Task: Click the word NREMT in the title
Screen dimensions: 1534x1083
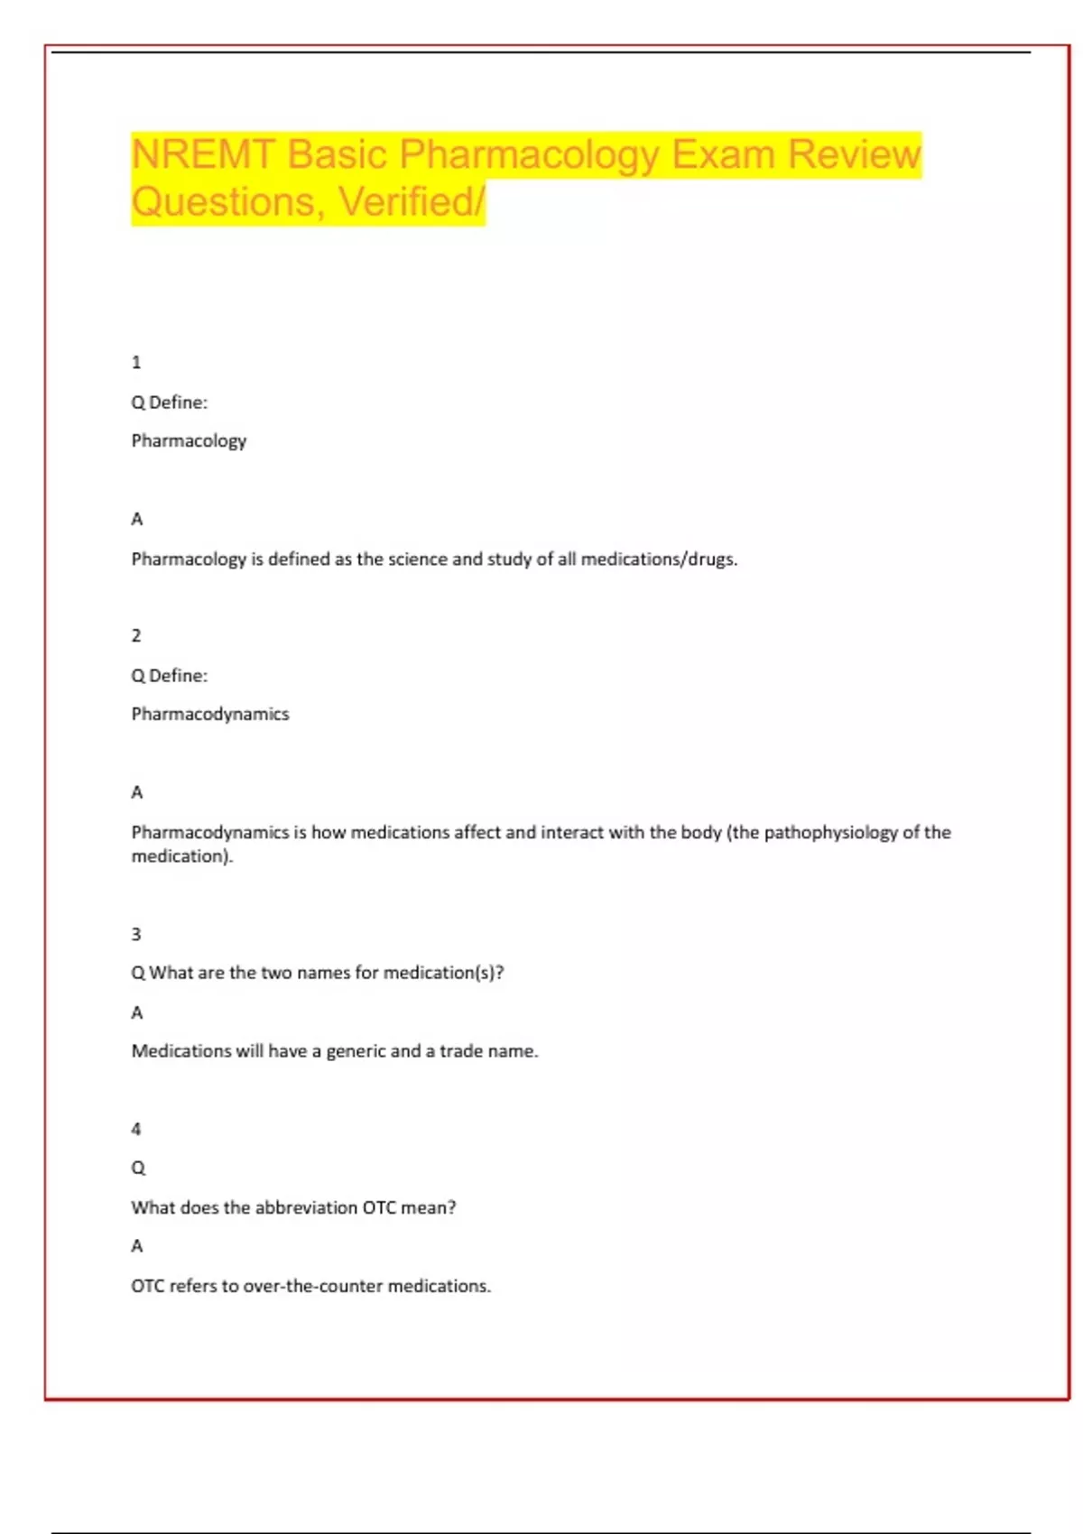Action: coord(202,154)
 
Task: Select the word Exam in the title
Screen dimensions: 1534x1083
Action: coord(723,154)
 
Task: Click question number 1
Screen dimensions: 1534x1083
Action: coord(136,363)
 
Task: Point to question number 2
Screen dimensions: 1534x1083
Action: coord(136,636)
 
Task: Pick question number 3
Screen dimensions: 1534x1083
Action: coord(136,935)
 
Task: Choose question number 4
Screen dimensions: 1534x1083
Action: coord(136,1130)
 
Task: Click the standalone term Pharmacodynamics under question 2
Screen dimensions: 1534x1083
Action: coord(210,715)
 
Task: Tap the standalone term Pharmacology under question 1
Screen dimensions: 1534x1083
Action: coord(189,441)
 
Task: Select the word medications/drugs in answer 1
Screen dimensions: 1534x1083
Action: coord(659,559)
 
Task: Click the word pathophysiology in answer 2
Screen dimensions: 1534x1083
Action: coord(830,833)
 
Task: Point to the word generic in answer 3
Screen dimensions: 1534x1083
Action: coord(356,1051)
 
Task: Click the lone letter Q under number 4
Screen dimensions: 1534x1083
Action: coord(138,1169)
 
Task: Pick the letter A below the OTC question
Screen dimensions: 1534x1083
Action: coord(137,1246)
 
